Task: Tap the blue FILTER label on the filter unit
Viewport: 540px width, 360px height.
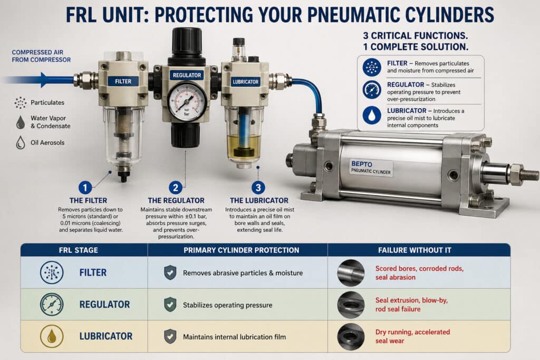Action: pos(123,81)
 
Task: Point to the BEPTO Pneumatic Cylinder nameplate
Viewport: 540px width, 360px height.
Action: pos(371,168)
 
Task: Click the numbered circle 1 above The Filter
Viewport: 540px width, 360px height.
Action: pos(85,187)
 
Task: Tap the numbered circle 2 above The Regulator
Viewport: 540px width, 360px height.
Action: pos(175,187)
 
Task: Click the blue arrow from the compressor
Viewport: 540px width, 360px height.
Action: pos(42,80)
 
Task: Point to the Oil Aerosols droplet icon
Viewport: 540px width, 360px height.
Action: pos(21,142)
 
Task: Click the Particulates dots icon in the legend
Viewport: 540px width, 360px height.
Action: pos(21,102)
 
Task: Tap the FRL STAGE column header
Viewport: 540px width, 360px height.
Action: pos(84,250)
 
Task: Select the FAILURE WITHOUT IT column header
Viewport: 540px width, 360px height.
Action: pos(419,250)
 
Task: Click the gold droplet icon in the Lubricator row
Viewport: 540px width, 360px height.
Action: pos(52,336)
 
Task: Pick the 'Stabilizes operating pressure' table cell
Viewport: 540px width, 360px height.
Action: pos(227,305)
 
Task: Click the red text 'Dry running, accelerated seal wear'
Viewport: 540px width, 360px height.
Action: pos(412,336)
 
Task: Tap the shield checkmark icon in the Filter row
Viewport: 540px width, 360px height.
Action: pos(170,273)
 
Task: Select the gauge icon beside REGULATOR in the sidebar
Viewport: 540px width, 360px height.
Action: pos(372,89)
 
